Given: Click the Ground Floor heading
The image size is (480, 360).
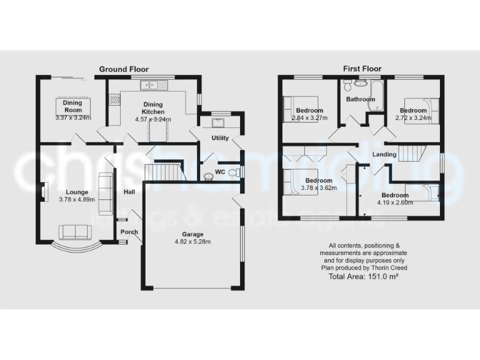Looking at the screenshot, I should (124, 69).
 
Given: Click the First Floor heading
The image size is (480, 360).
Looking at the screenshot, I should (362, 69).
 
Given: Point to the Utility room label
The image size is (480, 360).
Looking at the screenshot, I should (220, 138).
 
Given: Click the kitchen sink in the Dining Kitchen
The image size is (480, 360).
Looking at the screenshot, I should (152, 85).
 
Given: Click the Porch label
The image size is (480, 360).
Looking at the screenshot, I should (129, 232).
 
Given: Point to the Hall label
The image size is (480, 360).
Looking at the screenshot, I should (129, 192).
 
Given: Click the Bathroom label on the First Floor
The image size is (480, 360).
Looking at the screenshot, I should (361, 99).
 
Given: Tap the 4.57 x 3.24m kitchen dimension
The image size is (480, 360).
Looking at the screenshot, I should (153, 119).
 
